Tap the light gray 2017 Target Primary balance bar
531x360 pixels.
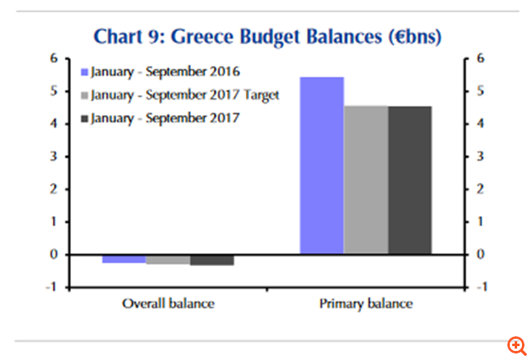pos(366,180)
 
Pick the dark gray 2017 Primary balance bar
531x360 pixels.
pos(410,180)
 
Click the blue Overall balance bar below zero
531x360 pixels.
pos(124,259)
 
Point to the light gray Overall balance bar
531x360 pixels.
pos(168,260)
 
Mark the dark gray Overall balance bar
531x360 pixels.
pos(212,260)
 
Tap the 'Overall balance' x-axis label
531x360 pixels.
pos(168,304)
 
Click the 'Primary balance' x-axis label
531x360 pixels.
pos(366,304)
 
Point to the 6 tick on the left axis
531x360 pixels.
pos(54,58)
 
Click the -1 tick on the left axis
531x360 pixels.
pos(52,287)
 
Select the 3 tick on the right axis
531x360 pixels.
pos(481,156)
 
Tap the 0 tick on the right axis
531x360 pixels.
pos(481,254)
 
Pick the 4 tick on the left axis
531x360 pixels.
pos(54,123)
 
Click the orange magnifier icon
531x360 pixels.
pos(516,345)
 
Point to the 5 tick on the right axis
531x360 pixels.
pos(481,91)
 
